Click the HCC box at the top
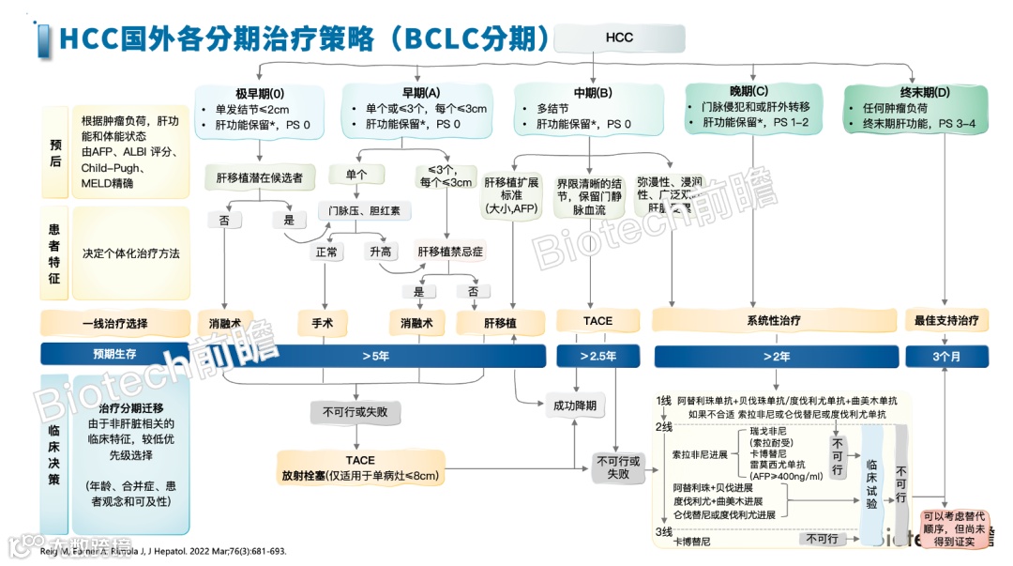(619, 38)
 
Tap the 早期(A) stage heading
(420, 93)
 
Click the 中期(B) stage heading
(593, 93)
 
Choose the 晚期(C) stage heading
(748, 92)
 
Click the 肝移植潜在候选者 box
(260, 177)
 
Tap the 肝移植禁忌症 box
(452, 252)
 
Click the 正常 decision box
(327, 252)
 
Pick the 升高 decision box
(381, 252)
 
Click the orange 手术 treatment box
(323, 322)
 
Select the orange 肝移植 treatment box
(500, 322)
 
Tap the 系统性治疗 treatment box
(774, 321)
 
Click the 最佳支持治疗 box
(946, 321)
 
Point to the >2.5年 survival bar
(597, 357)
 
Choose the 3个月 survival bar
(946, 357)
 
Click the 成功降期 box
(575, 406)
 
